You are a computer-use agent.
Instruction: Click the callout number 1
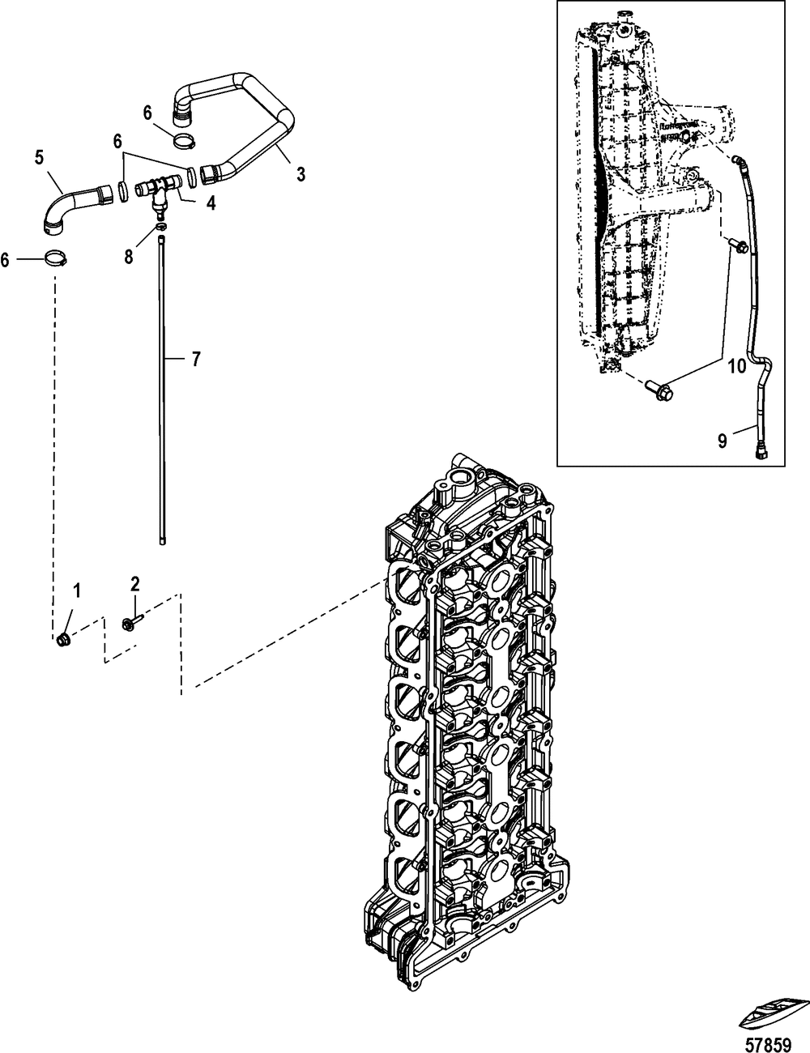tap(77, 591)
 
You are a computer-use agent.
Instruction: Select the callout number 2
tap(135, 584)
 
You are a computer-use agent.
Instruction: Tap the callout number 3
tap(301, 174)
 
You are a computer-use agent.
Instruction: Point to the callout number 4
tap(211, 203)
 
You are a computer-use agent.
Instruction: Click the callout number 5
tap(39, 157)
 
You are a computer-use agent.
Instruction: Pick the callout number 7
tap(195, 359)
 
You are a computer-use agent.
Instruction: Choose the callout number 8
tap(128, 257)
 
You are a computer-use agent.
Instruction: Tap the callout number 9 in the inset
tap(722, 441)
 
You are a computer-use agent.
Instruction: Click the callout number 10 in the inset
tap(737, 366)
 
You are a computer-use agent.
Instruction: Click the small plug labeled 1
tap(62, 640)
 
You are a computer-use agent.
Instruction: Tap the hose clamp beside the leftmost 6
tap(56, 258)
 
